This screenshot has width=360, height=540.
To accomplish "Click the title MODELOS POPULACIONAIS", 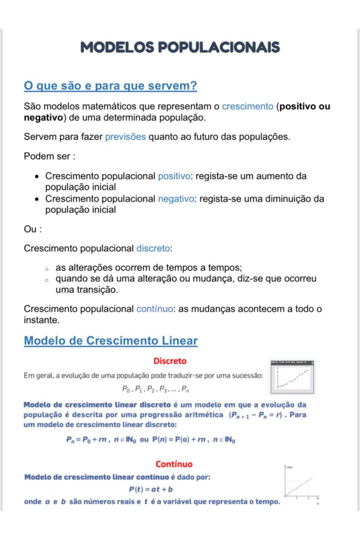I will [180, 47].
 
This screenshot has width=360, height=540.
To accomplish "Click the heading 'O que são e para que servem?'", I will [110, 86].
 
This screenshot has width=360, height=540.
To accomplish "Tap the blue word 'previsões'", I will [126, 137].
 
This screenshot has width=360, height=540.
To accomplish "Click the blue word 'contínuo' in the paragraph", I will [156, 309].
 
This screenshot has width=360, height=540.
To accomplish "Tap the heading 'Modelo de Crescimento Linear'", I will [110, 340].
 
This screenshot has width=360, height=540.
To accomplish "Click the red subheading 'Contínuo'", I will [174, 464].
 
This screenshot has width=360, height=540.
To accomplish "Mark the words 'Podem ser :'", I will [50, 157].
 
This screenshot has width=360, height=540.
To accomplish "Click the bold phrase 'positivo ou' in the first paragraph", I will [304, 107].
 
